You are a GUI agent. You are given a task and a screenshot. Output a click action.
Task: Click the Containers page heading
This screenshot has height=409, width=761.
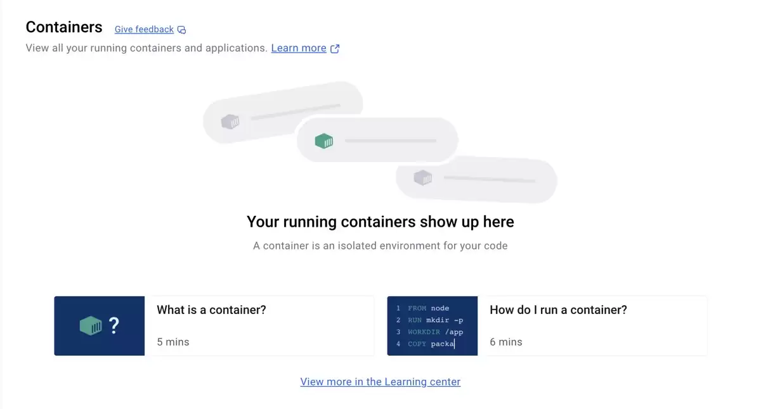64,27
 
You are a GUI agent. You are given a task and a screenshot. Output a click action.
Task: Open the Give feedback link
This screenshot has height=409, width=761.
144,30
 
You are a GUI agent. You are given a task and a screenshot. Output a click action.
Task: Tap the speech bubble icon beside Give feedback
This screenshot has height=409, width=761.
182,30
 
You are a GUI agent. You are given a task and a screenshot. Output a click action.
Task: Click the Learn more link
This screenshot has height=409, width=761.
299,48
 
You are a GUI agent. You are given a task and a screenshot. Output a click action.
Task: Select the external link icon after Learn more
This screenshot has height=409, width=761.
335,49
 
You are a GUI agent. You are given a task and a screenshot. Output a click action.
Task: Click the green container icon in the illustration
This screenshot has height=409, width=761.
324,141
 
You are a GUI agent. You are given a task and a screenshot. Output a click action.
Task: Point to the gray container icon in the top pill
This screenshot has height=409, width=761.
230,122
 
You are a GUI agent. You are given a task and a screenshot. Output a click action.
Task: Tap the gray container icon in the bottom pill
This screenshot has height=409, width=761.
422,178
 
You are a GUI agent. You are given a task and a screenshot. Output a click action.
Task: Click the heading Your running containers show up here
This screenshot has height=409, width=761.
380,222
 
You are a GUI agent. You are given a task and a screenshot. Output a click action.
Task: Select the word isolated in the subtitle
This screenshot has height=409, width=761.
358,246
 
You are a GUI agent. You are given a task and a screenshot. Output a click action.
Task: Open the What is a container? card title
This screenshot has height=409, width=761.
211,310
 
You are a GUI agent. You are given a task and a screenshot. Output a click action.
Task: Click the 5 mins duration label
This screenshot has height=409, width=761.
173,342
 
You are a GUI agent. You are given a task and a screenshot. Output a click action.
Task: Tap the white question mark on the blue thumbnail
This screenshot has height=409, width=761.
114,325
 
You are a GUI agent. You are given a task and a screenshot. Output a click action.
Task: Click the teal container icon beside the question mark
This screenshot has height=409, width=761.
91,325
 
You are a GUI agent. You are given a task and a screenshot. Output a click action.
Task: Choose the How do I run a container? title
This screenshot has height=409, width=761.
558,310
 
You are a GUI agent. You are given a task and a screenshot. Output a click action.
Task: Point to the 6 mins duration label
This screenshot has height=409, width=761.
506,342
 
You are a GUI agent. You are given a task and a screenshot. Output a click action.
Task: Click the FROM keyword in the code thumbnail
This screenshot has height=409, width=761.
417,308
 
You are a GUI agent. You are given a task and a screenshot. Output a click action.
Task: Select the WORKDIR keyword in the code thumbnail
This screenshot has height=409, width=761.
424,332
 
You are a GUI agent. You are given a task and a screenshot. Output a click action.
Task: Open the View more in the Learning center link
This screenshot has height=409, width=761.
380,382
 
